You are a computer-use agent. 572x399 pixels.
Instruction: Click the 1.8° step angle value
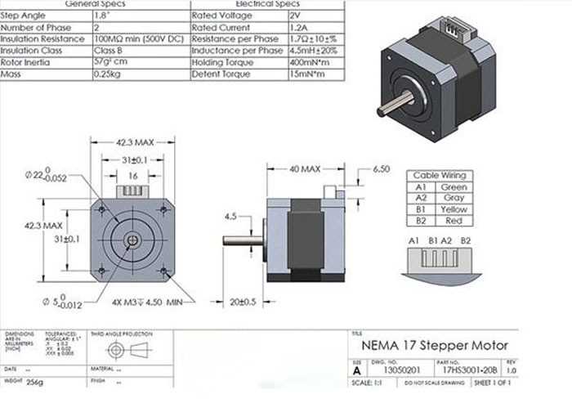[x=105, y=16]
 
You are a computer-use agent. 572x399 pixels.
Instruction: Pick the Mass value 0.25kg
[x=108, y=74]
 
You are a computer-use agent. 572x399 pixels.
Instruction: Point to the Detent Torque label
[x=220, y=74]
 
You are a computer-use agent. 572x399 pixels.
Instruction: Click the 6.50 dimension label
[x=381, y=169]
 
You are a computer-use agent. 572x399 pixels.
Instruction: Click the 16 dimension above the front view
[x=132, y=176]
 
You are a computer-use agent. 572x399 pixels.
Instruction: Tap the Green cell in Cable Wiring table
[x=454, y=187]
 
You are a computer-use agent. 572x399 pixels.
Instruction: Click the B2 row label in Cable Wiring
[x=421, y=221]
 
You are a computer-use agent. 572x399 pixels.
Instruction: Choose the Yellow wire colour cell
[x=454, y=209]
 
